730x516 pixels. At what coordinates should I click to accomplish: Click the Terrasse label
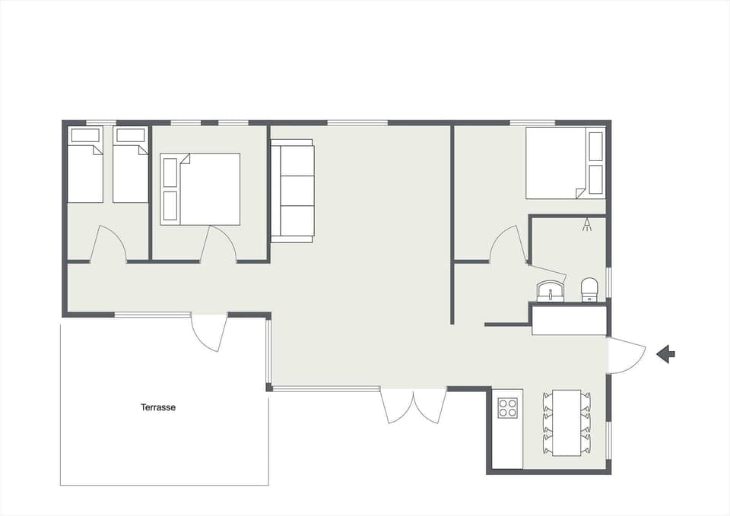158,407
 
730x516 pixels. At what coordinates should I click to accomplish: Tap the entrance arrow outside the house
666,353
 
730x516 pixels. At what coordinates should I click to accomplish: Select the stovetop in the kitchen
507,408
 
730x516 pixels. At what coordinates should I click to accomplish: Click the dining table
567,423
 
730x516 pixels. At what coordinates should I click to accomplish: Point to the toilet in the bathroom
590,289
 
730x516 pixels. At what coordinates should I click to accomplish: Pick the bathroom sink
550,290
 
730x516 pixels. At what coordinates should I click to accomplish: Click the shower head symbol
586,225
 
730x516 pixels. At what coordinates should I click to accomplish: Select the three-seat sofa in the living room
293,191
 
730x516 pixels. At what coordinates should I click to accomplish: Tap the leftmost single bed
85,165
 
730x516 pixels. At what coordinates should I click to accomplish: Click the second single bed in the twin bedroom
130,165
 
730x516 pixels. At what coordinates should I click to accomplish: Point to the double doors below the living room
413,406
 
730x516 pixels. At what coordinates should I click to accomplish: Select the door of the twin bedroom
109,245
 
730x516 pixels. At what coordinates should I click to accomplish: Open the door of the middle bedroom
219,245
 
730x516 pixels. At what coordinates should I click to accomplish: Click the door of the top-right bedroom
508,245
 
